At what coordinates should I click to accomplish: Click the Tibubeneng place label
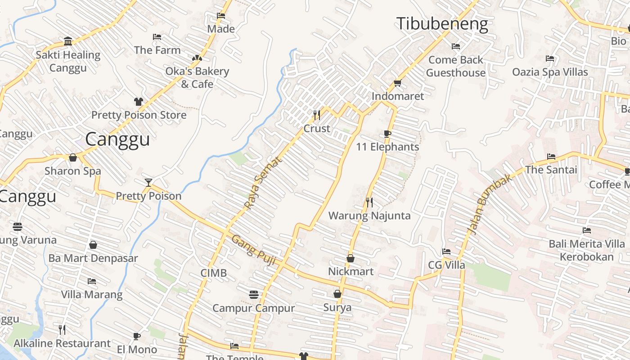[x=442, y=24]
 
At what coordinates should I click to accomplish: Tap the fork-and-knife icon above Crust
[x=317, y=116]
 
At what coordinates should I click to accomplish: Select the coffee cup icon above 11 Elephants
[x=387, y=134]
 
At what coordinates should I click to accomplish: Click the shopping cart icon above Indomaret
[x=397, y=83]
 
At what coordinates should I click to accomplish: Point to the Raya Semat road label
[x=262, y=183]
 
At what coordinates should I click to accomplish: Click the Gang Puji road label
[x=253, y=250]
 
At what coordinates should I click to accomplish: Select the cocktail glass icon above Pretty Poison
[x=148, y=182]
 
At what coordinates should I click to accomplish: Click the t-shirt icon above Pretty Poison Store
[x=138, y=102]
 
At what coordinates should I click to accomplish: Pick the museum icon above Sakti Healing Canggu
[x=68, y=41]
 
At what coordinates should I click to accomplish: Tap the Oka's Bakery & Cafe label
[x=197, y=77]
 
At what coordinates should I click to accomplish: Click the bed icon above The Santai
[x=551, y=157]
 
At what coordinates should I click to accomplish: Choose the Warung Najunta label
[x=369, y=216]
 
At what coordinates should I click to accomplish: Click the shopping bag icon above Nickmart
[x=351, y=258]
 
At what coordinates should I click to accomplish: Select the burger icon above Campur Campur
[x=254, y=295]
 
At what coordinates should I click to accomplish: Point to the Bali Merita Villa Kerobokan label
[x=587, y=250]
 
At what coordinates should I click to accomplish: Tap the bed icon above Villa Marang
[x=92, y=282]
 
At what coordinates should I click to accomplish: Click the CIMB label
[x=213, y=273]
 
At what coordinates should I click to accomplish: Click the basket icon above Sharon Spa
[x=73, y=158]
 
